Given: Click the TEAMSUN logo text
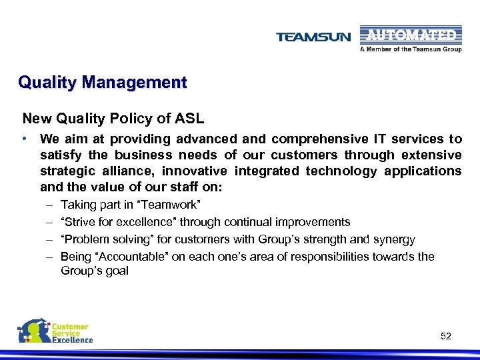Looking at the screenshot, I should pos(313,37).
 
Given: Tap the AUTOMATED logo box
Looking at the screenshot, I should pos(410,35).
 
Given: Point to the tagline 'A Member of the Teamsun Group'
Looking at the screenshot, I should pos(410,49).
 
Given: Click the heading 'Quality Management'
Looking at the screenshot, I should pos(103,83).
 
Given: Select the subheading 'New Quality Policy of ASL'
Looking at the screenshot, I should pos(113,119).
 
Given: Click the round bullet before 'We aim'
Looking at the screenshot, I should pos(25,139).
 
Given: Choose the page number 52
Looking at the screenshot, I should pos(446,336).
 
